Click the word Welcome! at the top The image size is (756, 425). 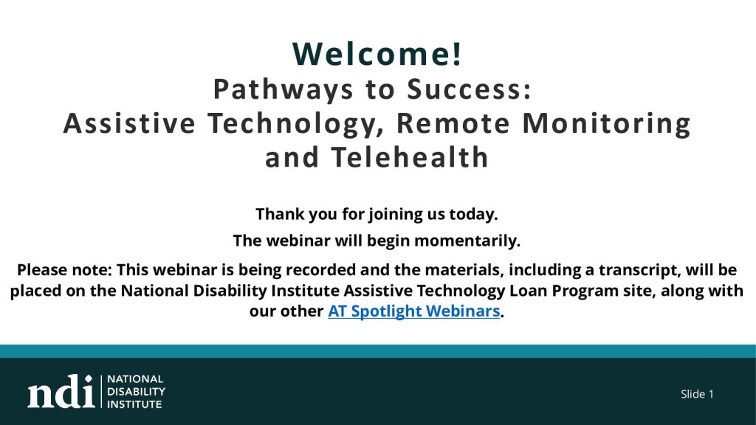[x=377, y=53]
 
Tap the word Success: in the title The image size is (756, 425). [x=469, y=89]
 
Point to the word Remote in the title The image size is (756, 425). [x=453, y=122]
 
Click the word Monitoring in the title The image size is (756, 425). [x=607, y=124]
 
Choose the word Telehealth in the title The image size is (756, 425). [x=410, y=157]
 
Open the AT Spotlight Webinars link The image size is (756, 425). [x=413, y=311]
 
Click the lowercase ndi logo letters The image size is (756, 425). [x=61, y=391]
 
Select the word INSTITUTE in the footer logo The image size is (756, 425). [x=134, y=404]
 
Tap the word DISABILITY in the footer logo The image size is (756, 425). [x=136, y=391]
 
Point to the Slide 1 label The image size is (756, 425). [x=697, y=394]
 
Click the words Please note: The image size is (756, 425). [x=65, y=269]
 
